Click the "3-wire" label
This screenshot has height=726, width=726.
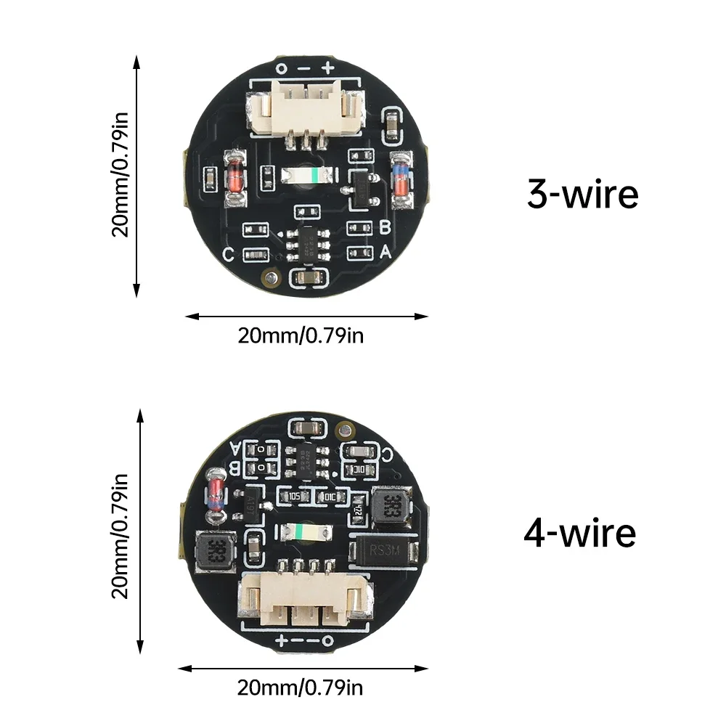click(582, 195)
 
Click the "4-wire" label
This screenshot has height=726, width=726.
click(579, 533)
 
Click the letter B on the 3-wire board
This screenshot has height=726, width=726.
click(386, 227)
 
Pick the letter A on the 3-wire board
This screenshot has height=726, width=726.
click(386, 252)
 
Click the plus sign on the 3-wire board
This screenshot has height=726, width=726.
click(327, 68)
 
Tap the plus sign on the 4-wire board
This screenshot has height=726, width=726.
click(280, 640)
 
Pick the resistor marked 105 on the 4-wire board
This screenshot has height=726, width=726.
click(295, 497)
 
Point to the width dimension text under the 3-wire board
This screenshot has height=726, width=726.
click(301, 336)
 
